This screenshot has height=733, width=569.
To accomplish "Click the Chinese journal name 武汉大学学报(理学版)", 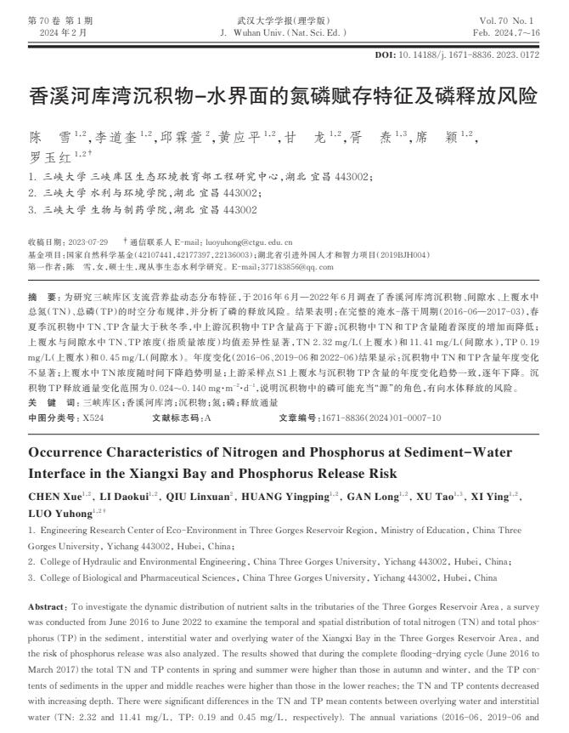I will pyautogui.click(x=284, y=20).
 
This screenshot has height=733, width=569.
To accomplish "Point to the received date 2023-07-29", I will pyautogui.click(x=84, y=242).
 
